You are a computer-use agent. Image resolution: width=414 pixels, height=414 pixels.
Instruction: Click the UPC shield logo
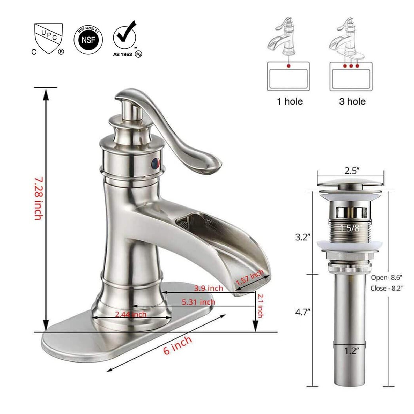pos(49,38)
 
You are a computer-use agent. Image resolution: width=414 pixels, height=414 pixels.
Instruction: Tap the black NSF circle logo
pos(88,40)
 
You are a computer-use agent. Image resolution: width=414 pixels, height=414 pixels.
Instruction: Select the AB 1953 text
pos(122,55)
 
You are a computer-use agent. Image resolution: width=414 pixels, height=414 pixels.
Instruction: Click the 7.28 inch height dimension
pos(38,198)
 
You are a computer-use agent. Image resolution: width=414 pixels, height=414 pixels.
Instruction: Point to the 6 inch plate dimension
pos(178,345)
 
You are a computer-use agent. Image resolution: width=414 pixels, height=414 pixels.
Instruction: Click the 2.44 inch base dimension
pos(131,314)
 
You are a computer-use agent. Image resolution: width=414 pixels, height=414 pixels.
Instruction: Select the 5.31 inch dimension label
pos(198,302)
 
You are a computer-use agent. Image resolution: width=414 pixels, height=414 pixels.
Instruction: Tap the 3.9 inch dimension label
pos(209,288)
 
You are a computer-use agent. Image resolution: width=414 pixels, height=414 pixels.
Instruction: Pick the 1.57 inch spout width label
pos(250,277)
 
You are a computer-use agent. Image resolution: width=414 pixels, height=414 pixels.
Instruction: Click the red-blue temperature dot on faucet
pos(156,163)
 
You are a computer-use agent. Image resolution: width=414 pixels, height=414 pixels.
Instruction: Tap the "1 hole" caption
pos(290,101)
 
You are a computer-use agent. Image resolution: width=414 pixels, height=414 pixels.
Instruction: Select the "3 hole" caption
pos(352,101)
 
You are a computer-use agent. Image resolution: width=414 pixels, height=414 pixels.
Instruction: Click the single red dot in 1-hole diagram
pos(289,66)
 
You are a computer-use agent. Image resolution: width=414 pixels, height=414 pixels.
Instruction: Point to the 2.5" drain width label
pos(352,171)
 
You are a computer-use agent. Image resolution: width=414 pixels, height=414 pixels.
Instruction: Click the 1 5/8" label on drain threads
pos(351,228)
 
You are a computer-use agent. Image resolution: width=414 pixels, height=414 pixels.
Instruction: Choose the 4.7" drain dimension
pos(303,312)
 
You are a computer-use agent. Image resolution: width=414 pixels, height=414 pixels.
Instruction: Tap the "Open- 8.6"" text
pos(386,277)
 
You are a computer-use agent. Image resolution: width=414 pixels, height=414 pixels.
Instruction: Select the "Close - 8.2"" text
pos(386,288)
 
